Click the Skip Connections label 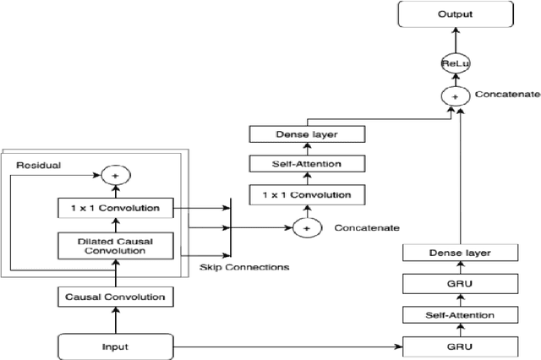(244, 267)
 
